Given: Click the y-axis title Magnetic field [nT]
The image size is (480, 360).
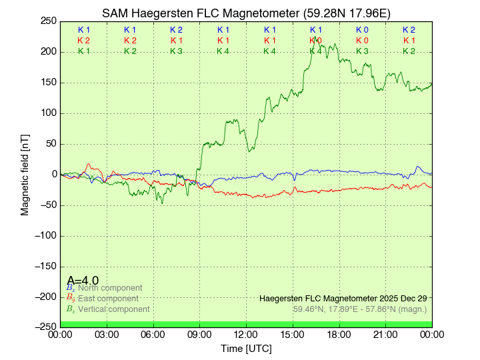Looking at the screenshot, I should coord(25,173).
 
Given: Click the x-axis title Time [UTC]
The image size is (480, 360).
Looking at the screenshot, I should coord(246,349).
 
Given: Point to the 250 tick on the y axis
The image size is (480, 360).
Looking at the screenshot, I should coord(49,21).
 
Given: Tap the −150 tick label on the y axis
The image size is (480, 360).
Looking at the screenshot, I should coord(45,266).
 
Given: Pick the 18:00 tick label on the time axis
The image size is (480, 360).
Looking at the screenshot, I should coord(339,334).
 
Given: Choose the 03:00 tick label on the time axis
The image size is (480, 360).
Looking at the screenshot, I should coord(107,334).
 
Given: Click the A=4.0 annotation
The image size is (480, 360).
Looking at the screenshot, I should coord(83,281).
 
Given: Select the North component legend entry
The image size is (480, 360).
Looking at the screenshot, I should coord(109,288).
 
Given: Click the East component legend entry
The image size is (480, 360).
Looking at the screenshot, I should coord(108,299).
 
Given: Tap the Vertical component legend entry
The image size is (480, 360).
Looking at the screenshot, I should coord(113,309).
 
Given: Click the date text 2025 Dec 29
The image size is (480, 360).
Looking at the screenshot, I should coord(399,299).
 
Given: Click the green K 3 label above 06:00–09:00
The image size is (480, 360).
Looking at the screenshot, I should coord(176,51).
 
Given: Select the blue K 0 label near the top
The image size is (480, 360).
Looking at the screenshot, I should coord(362,30).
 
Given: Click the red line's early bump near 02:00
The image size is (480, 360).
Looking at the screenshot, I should coord(88,164).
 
